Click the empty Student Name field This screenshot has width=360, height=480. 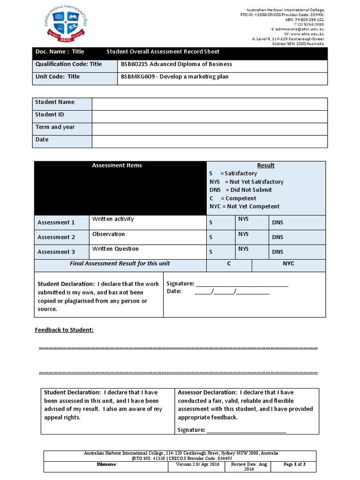click(209, 104)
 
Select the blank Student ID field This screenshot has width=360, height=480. click(209, 116)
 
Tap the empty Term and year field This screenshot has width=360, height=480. click(209, 129)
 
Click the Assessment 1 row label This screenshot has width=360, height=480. click(56, 223)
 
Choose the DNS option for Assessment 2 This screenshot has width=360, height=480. click(278, 237)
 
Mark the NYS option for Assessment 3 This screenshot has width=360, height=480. click(243, 249)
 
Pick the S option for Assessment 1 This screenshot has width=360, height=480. click(211, 223)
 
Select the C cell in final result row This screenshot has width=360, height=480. click(229, 264)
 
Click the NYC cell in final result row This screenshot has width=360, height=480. click(288, 264)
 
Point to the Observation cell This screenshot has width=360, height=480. click(109, 234)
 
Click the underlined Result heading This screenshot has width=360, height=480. click(266, 165)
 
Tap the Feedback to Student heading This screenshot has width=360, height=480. click(64, 330)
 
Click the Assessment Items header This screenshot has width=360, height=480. click(117, 165)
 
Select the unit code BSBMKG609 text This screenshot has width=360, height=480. click(174, 76)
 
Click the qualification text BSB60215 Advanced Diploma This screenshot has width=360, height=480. click(176, 64)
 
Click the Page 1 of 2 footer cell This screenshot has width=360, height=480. click(295, 465)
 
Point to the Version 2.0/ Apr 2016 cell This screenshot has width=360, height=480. click(197, 465)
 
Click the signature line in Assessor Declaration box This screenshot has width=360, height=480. click(246, 430)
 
